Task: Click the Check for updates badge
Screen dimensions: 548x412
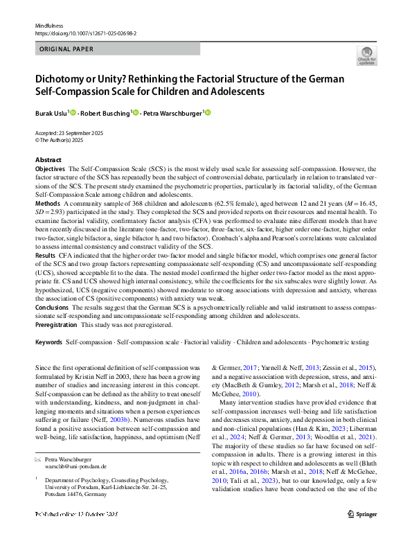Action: click(x=366, y=56)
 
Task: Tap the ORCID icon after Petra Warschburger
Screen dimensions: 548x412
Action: click(x=207, y=112)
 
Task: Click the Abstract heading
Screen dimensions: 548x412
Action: click(x=48, y=160)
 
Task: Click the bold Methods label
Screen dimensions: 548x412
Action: click(x=47, y=204)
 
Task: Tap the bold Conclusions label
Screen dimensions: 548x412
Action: click(x=51, y=307)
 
